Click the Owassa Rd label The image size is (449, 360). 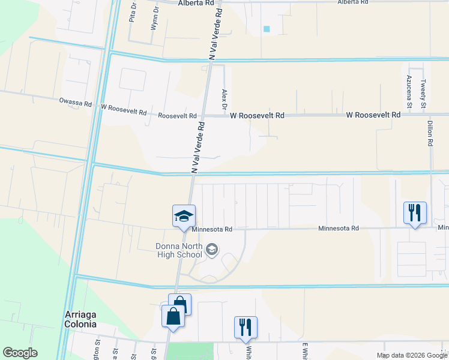point(76,104)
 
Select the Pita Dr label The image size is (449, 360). point(132,13)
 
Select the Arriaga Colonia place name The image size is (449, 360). point(80,319)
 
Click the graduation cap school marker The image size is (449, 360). point(184,216)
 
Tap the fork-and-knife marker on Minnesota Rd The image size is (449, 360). point(415,213)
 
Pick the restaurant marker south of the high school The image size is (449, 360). point(246,328)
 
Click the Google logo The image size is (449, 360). point(20,353)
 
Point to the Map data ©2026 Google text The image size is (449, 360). point(412,356)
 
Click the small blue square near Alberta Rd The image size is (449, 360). point(267,29)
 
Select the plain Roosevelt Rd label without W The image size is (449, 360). point(177,116)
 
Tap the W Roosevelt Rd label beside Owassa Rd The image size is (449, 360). point(124,110)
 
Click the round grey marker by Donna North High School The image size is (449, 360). point(211,248)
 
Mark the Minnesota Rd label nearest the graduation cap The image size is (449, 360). point(212,229)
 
